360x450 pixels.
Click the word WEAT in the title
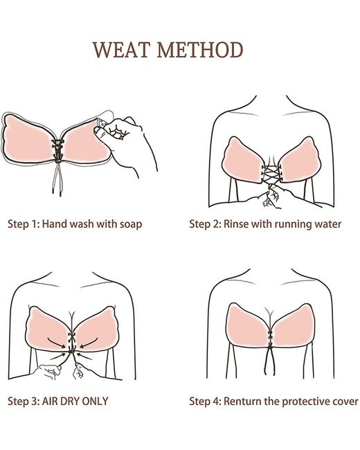(121, 50)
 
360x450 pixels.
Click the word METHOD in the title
(200, 50)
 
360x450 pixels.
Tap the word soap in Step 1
(131, 224)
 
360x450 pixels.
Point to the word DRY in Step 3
(70, 401)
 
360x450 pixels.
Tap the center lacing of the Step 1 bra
(58, 150)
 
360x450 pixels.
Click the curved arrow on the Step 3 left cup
(56, 343)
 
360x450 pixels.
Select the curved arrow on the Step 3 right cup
(89, 343)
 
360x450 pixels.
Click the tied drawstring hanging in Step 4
(270, 360)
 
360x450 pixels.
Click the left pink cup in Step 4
(246, 324)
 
